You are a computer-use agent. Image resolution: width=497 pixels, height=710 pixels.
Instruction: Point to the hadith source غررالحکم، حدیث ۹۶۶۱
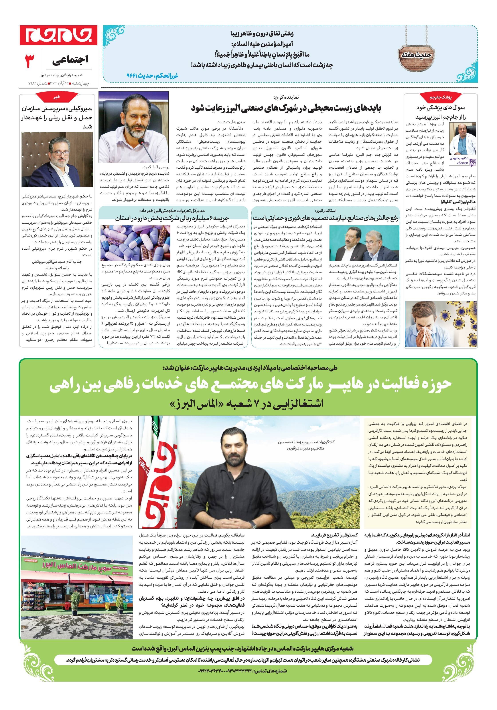pyautogui.click(x=152, y=75)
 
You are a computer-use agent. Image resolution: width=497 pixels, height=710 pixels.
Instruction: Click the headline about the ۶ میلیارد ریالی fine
pyautogui.click(x=172, y=218)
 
